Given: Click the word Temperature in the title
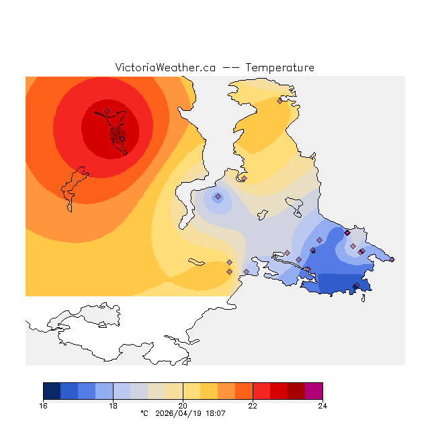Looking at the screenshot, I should click(x=279, y=68).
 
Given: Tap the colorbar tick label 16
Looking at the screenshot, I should click(x=44, y=405).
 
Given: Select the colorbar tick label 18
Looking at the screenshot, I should click(x=113, y=405).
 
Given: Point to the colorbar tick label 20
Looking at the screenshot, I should click(x=183, y=405).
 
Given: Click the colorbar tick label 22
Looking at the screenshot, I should click(x=253, y=405).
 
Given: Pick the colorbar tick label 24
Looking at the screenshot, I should click(x=322, y=405).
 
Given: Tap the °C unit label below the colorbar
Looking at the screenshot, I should click(x=144, y=413).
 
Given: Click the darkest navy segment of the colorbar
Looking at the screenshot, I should click(x=52, y=391).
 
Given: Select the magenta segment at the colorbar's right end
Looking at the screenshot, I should click(x=314, y=391).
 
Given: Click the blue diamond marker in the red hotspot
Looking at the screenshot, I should click(x=107, y=112).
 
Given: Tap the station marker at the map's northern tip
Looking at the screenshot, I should click(x=279, y=101).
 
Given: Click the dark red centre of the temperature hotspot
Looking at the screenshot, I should click(x=111, y=128).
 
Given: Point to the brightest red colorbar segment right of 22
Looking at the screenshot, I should click(x=261, y=391).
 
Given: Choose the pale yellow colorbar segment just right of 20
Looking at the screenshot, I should click(x=191, y=391).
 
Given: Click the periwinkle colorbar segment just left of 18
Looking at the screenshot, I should click(x=104, y=391).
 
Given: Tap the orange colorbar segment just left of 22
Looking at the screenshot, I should click(x=244, y=391).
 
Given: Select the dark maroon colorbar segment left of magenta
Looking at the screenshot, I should click(x=296, y=391).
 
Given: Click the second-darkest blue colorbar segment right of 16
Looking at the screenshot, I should click(x=69, y=391).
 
